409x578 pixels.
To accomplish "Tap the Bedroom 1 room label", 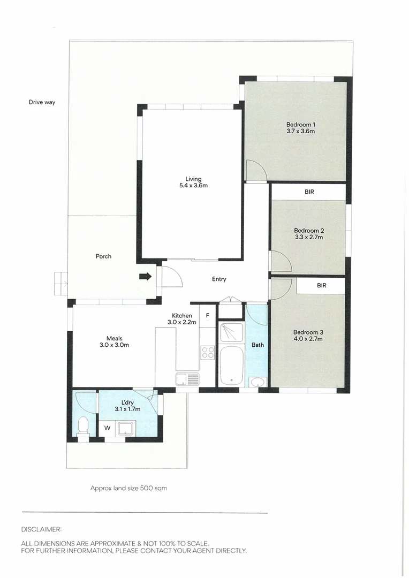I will [300, 127].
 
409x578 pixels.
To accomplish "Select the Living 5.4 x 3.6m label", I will [193, 182].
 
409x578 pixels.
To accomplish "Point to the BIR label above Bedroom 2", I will [309, 191].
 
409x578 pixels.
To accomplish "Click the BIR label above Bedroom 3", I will [321, 286].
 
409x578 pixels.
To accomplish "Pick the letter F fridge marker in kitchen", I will [207, 316].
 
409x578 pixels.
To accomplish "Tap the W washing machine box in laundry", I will [107, 428].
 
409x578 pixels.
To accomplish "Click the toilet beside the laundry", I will [84, 427].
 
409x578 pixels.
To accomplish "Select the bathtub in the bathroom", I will [231, 365].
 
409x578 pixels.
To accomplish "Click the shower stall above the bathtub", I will [231, 332].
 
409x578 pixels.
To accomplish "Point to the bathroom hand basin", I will [257, 382].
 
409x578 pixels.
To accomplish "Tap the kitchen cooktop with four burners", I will [207, 352].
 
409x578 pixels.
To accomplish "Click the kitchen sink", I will [187, 379].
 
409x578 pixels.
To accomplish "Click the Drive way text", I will [42, 102].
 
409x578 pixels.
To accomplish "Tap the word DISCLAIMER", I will [41, 529].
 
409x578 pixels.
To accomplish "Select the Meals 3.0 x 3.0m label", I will [114, 341].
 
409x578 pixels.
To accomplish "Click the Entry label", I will [219, 279].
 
